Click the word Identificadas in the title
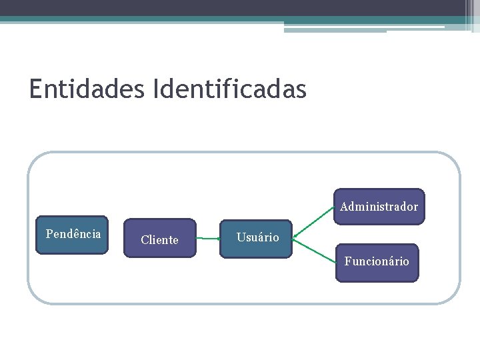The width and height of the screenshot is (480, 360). click(x=229, y=89)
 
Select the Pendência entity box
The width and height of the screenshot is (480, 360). click(x=72, y=235)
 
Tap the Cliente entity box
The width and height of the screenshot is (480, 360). click(x=159, y=238)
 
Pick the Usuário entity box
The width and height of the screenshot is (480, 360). click(x=256, y=238)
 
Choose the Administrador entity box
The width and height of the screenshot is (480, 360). click(x=379, y=207)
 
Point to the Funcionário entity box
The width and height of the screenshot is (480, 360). click(x=377, y=263)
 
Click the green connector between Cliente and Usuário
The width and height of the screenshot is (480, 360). click(x=208, y=237)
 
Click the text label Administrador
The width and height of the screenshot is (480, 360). click(x=379, y=207)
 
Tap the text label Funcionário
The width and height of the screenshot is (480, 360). click(x=377, y=261)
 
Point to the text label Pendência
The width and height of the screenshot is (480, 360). click(x=73, y=233)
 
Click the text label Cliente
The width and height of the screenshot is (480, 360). click(x=159, y=240)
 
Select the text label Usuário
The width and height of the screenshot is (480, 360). click(x=257, y=237)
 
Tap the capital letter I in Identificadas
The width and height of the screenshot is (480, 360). click(x=156, y=89)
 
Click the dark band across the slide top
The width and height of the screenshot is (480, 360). click(x=233, y=7)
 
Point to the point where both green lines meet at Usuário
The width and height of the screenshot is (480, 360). click(x=294, y=237)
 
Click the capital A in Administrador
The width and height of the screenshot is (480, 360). click(x=344, y=207)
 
